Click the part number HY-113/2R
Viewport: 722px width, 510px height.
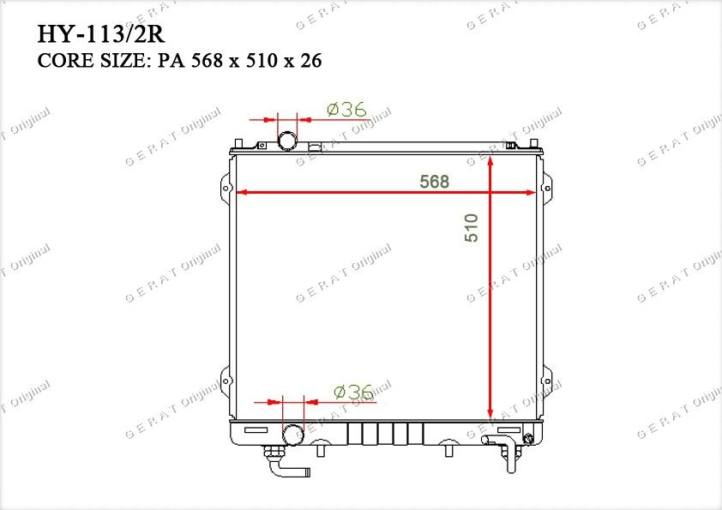coord(100,34)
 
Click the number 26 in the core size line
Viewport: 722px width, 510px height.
coord(310,61)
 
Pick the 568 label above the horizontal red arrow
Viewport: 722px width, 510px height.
coord(434,182)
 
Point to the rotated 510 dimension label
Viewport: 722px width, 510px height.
coord(471,228)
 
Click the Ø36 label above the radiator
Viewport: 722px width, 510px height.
coord(346,110)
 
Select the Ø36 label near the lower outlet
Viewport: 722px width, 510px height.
coord(353,393)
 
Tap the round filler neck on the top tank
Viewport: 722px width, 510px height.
coord(288,140)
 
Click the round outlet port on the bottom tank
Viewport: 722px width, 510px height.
coord(293,435)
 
